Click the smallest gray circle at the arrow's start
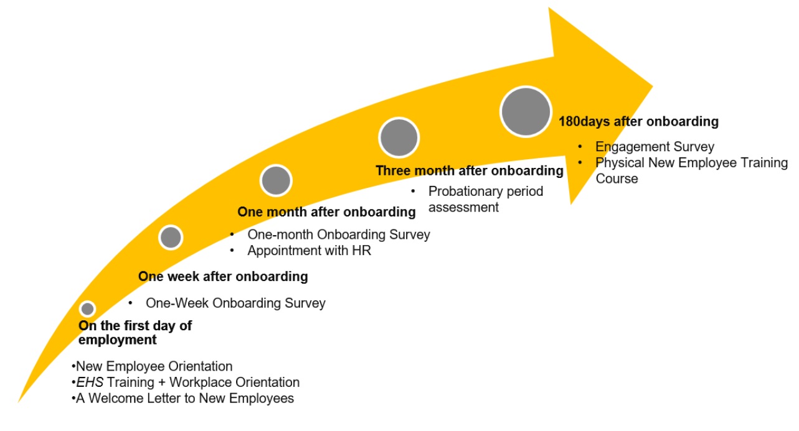87,309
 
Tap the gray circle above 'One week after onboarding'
171,237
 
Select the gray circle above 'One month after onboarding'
276,180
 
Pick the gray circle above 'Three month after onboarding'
399,137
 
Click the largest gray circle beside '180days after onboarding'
526,111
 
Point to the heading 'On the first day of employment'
135,332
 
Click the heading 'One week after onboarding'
223,276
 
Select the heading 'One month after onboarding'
326,212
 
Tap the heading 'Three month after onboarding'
470,170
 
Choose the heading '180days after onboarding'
638,121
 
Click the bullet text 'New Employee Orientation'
154,366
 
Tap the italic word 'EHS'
90,382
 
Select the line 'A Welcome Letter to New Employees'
185,398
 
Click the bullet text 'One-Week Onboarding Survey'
235,303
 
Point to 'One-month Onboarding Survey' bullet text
339,234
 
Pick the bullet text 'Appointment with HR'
310,251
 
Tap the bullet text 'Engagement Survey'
655,147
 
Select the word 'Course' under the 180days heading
617,178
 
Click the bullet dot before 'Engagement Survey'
580,146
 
